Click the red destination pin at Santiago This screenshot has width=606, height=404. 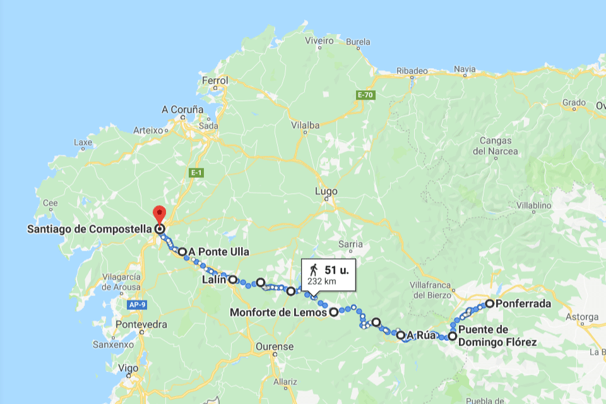click(159, 214)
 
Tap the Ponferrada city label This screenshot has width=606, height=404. click(523, 304)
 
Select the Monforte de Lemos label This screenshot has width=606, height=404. click(278, 312)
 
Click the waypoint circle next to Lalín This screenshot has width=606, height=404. click(233, 279)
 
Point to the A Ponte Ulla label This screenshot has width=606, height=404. click(218, 252)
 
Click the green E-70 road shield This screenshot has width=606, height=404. click(365, 95)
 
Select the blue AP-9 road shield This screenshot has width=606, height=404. click(138, 305)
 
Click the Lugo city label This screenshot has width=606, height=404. click(326, 191)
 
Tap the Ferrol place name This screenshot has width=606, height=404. click(213, 81)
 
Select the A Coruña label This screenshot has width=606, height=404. click(182, 109)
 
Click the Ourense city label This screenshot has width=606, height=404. click(275, 347)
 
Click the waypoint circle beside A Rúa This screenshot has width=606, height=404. click(401, 335)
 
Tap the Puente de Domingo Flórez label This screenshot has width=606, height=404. click(497, 336)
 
